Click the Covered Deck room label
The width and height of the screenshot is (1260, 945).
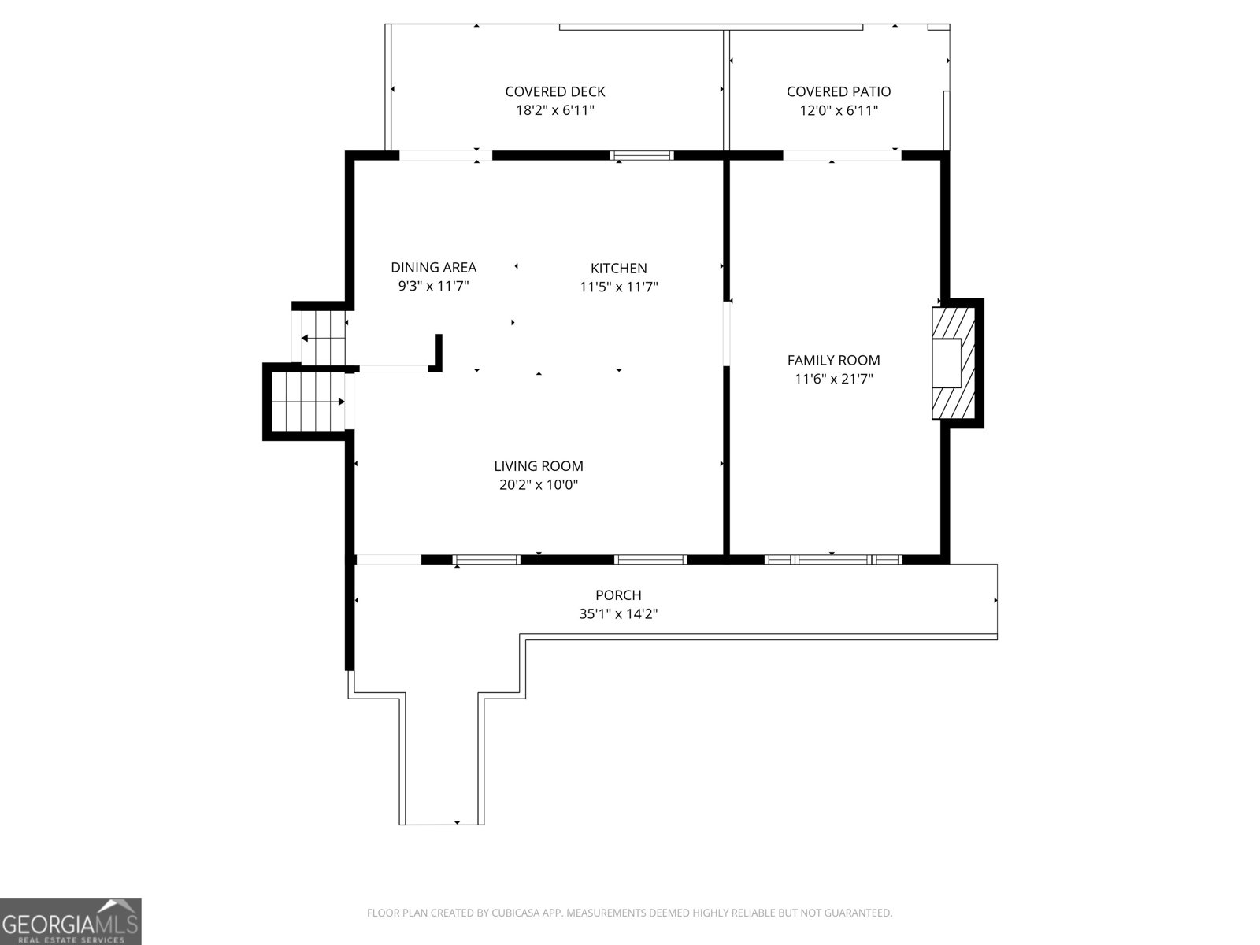(x=554, y=91)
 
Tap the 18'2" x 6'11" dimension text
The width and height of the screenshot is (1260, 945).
(x=554, y=110)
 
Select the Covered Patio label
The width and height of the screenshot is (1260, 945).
(x=839, y=91)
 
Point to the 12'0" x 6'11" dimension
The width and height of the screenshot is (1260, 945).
(x=839, y=110)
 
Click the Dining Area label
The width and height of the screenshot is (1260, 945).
(x=433, y=267)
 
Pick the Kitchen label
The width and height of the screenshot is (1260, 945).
(x=619, y=268)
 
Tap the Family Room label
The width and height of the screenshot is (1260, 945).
(x=833, y=360)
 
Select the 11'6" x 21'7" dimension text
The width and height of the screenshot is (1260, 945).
(x=833, y=379)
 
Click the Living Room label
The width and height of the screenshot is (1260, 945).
(x=539, y=466)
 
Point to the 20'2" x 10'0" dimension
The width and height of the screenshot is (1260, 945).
(x=539, y=485)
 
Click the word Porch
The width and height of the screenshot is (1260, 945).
(x=618, y=595)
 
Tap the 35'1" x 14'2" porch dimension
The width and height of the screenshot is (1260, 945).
(x=618, y=614)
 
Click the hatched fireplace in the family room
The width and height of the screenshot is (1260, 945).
(x=954, y=362)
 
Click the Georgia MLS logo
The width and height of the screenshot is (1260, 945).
(x=70, y=921)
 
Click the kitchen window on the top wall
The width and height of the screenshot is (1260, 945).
(x=643, y=155)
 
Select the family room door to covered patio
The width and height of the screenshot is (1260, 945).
(x=841, y=155)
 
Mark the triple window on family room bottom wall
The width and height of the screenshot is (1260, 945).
(x=833, y=559)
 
